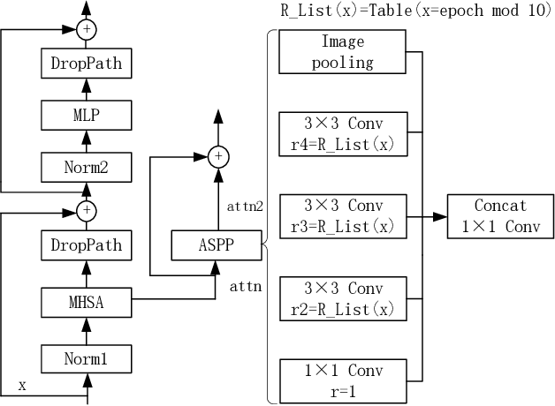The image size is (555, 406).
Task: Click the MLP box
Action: tap(87, 114)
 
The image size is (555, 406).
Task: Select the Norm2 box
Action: tap(87, 164)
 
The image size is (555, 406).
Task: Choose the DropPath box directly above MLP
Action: tap(87, 64)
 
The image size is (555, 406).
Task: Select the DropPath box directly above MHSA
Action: tap(87, 244)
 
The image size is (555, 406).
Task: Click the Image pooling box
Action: tap(342, 52)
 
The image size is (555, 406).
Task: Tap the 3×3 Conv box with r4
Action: tap(342, 133)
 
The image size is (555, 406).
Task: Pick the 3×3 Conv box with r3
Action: tap(342, 215)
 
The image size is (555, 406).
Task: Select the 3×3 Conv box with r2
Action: tap(342, 297)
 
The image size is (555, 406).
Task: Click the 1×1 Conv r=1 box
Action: tap(342, 380)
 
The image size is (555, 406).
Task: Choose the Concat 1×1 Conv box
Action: tap(500, 215)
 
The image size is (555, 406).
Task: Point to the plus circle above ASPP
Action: tap(217, 157)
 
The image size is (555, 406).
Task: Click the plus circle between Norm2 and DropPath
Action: tap(87, 210)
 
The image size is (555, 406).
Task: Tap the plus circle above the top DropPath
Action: tap(87, 30)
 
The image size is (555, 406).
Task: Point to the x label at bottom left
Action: tap(23, 386)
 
